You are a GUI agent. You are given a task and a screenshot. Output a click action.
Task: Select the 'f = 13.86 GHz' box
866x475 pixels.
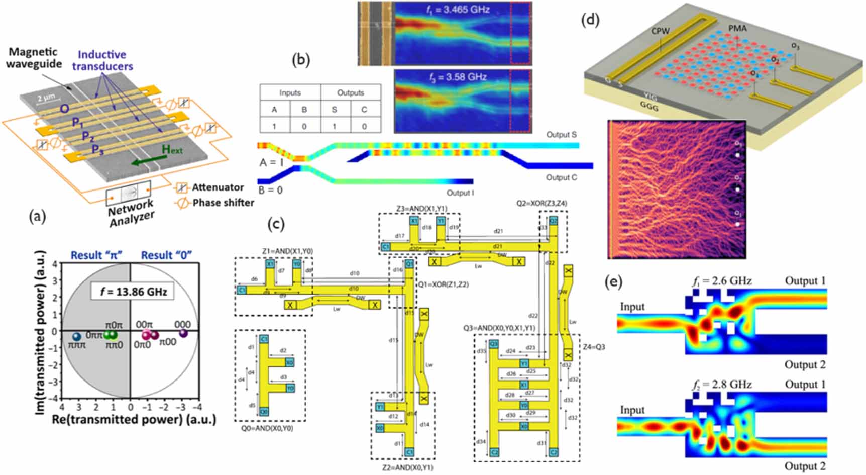pyautogui.click(x=133, y=291)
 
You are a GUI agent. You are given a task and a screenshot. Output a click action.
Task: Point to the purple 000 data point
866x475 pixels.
pyautogui.click(x=183, y=333)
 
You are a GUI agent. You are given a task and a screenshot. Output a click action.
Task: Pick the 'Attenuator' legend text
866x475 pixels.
pyautogui.click(x=218, y=187)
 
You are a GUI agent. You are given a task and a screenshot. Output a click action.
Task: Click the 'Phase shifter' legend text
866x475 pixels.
pyautogui.click(x=223, y=203)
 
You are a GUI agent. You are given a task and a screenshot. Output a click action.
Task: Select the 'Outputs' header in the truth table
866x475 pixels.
pyautogui.click(x=350, y=93)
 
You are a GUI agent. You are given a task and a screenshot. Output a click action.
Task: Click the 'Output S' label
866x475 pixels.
pyautogui.click(x=561, y=135)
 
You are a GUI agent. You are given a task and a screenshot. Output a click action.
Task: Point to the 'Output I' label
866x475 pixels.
pyautogui.click(x=461, y=193)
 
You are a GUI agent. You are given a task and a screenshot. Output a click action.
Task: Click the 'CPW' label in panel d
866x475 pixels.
pyautogui.click(x=660, y=31)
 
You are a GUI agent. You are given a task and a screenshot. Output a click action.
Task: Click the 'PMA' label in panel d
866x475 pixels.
pyautogui.click(x=737, y=29)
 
